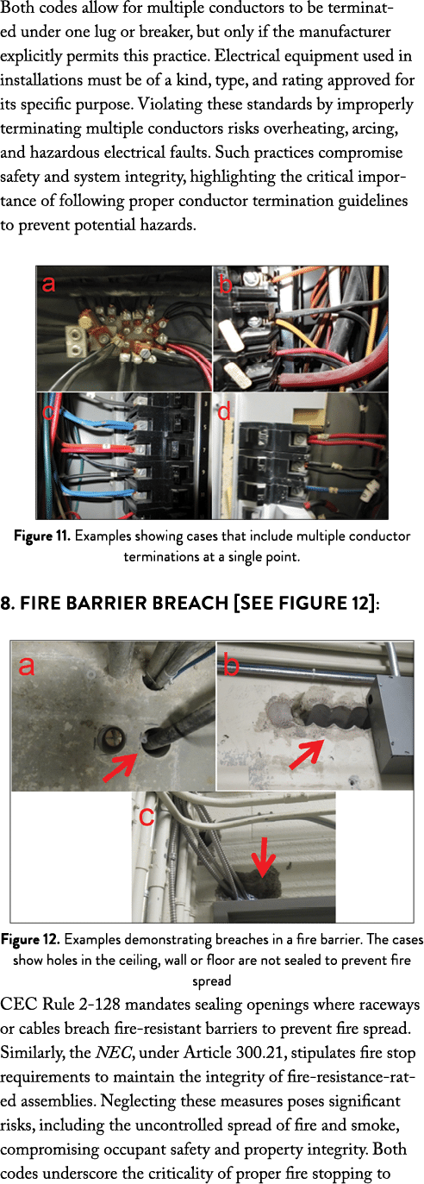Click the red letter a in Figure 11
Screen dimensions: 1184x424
[x=50, y=284]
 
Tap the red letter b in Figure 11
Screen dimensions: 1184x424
[x=226, y=285]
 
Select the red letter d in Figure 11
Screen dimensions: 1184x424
[x=226, y=412]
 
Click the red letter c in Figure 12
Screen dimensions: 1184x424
[x=147, y=815]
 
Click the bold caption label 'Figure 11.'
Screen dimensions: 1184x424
[x=41, y=536]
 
